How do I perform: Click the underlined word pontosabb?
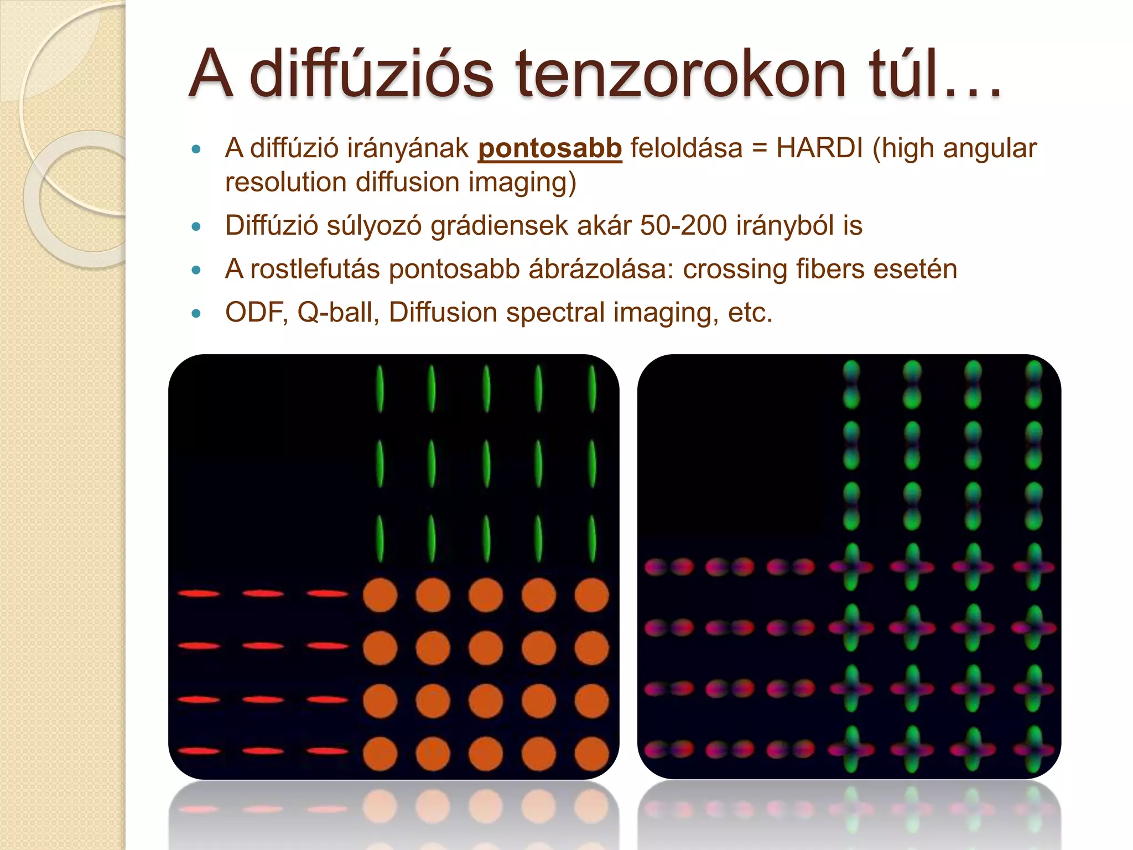click(x=550, y=148)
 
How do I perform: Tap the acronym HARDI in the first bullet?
click(x=819, y=148)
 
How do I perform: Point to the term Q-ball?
click(x=338, y=313)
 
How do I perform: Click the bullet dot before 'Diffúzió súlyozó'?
click(x=195, y=226)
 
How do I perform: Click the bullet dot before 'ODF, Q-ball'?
click(x=195, y=313)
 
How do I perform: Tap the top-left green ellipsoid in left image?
click(x=380, y=388)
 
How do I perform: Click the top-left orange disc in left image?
click(x=380, y=595)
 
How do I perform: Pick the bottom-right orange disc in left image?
click(x=591, y=753)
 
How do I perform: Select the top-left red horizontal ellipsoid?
click(x=199, y=594)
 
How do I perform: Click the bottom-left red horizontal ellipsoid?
click(x=199, y=751)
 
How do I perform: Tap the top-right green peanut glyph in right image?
click(x=1033, y=385)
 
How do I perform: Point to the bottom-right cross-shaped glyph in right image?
click(x=1033, y=750)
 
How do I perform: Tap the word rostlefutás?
click(x=315, y=269)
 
